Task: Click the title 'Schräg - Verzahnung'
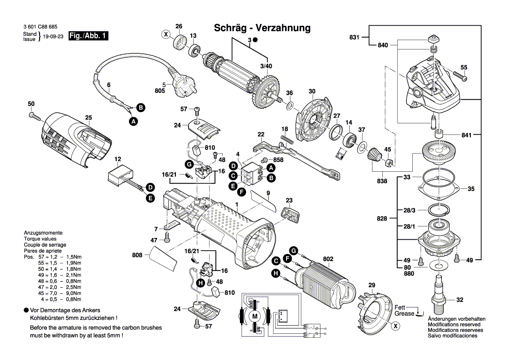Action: pyautogui.click(x=263, y=28)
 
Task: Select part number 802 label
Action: pyautogui.click(x=328, y=259)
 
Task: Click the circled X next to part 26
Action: pyautogui.click(x=166, y=34)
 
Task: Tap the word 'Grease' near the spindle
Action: pyautogui.click(x=405, y=313)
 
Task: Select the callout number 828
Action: pyautogui.click(x=382, y=218)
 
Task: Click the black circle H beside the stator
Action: pyautogui.click(x=275, y=273)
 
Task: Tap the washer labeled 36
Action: pyautogui.click(x=290, y=105)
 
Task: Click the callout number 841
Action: pyautogui.click(x=466, y=135)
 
